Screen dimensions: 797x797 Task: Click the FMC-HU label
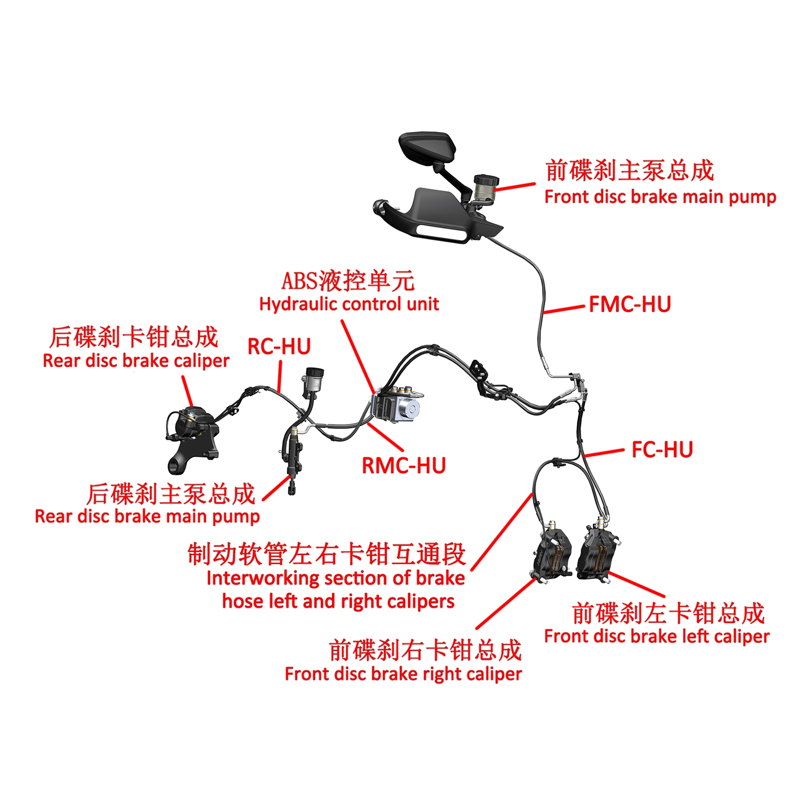coord(630,305)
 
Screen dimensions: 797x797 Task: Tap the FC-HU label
coord(662,450)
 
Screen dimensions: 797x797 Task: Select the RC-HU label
coord(279,347)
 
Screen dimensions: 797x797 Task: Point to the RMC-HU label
coord(404,465)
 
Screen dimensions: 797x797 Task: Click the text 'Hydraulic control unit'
coord(349,304)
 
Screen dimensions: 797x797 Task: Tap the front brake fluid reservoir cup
coord(485,187)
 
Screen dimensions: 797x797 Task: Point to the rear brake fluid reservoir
coord(314,380)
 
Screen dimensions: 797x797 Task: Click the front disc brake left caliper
coord(599,553)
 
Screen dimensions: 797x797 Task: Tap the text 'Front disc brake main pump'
coord(660,197)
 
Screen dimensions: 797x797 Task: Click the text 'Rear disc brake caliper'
coord(136,361)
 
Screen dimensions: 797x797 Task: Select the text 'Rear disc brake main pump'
coord(147,516)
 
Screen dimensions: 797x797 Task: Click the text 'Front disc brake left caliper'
coord(657,636)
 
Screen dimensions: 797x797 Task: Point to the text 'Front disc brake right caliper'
coord(403,674)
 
